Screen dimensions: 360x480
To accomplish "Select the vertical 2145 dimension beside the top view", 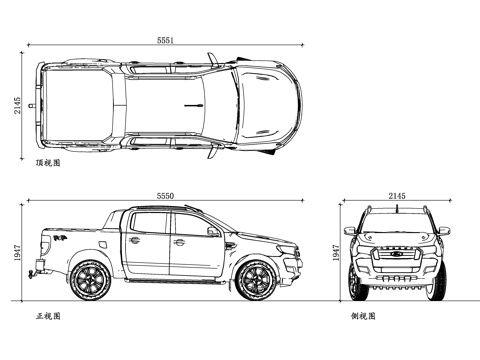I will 18,105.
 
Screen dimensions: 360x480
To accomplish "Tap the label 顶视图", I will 47,161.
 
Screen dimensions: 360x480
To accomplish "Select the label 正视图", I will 48,316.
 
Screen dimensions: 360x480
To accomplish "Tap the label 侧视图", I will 363,316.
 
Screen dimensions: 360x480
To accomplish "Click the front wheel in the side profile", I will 259,279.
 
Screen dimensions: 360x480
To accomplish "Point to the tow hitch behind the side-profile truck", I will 38,268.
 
